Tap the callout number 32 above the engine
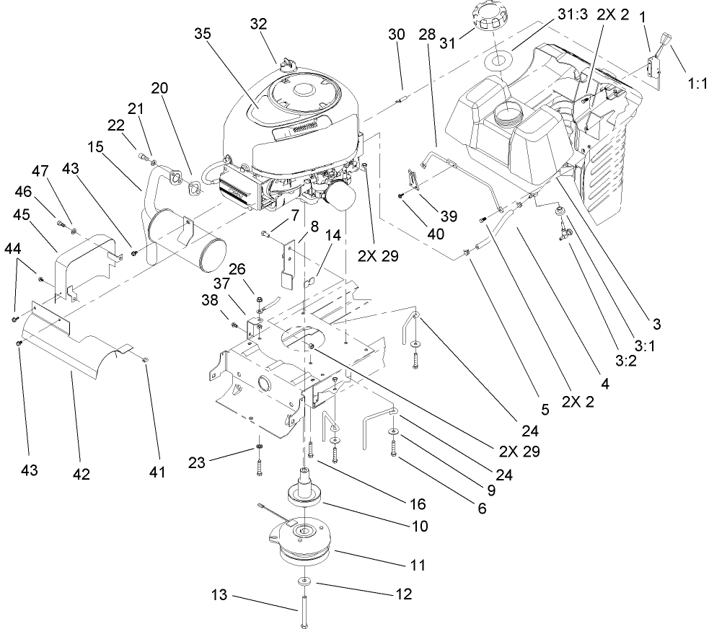pos(258,24)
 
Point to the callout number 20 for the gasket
pos(159,88)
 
